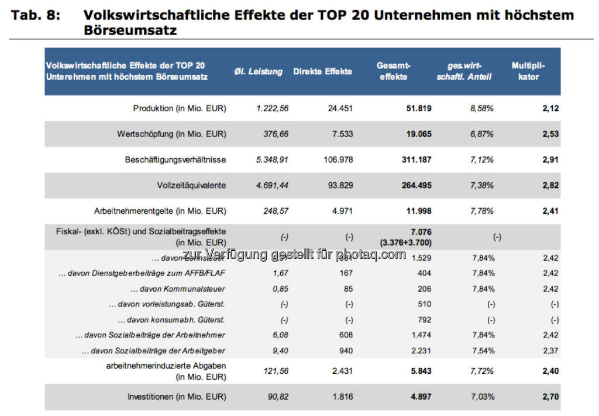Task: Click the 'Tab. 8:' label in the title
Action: pos(35,15)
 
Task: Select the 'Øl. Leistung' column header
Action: pos(263,71)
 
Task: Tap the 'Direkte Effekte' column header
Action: pos(323,71)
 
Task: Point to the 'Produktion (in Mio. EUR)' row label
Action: pos(180,108)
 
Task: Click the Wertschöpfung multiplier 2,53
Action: pos(550,134)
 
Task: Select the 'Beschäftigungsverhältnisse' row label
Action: pos(175,159)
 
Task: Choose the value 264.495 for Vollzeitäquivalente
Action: pos(415,185)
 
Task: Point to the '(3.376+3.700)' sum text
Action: pos(408,242)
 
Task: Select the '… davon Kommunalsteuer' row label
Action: pos(178,289)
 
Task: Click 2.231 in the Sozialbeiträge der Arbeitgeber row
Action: pos(421,350)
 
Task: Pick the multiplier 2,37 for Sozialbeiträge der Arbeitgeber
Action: pos(551,350)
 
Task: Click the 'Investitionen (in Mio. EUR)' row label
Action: pos(177,397)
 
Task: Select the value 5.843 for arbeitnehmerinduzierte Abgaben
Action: pos(421,371)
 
